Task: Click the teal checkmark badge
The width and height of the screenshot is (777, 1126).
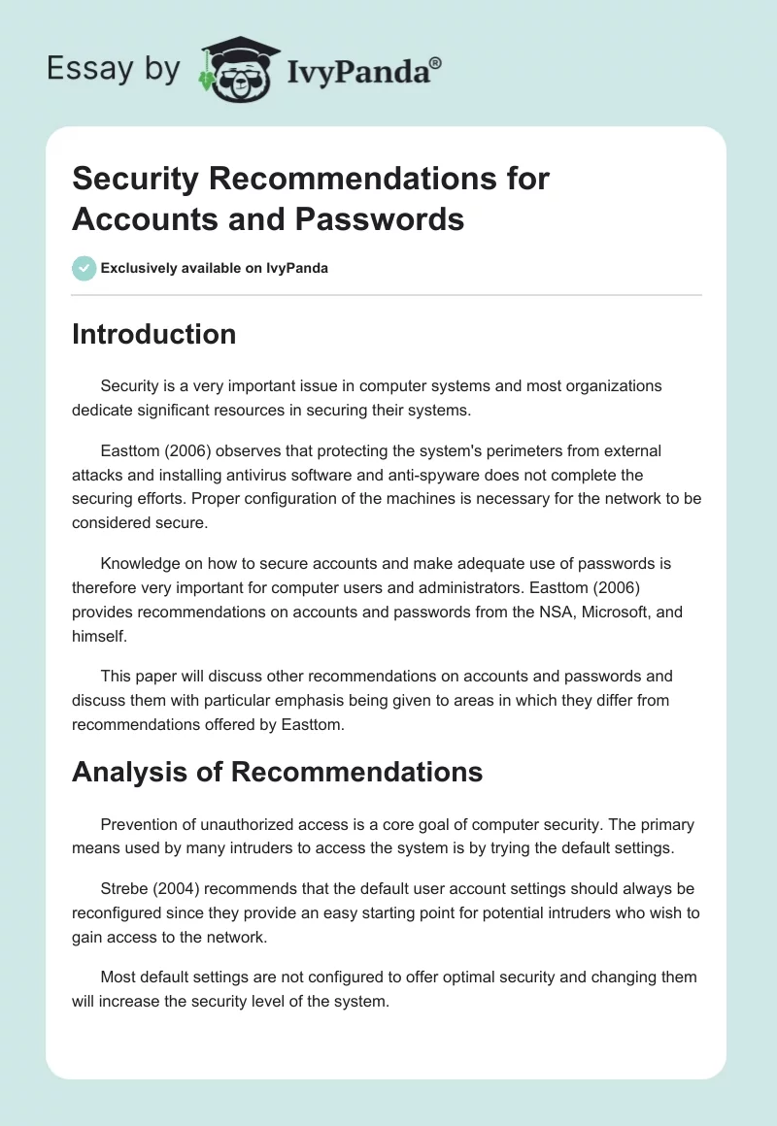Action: pyautogui.click(x=84, y=268)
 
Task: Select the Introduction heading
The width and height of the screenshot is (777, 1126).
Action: pyautogui.click(x=153, y=334)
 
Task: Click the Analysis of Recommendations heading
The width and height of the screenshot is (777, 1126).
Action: pyautogui.click(x=277, y=772)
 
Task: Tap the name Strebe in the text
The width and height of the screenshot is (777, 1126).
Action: pyautogui.click(x=123, y=887)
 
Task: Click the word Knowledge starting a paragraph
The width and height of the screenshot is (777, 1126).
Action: pyautogui.click(x=142, y=563)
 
